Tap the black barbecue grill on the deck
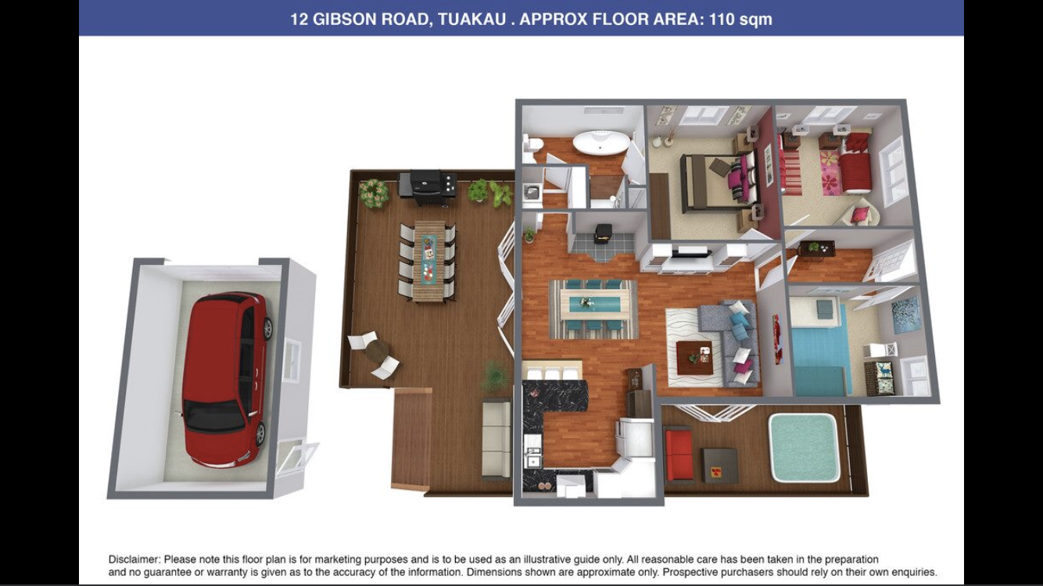point(427,187)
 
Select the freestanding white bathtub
point(600,141)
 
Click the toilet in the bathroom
point(532,145)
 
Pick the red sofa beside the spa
point(679,455)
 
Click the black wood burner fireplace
point(604,233)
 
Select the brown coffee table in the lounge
point(695,358)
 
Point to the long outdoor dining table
point(429,261)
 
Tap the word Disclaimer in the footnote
point(134,559)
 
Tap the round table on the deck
point(377,351)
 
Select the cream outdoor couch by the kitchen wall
point(496,439)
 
